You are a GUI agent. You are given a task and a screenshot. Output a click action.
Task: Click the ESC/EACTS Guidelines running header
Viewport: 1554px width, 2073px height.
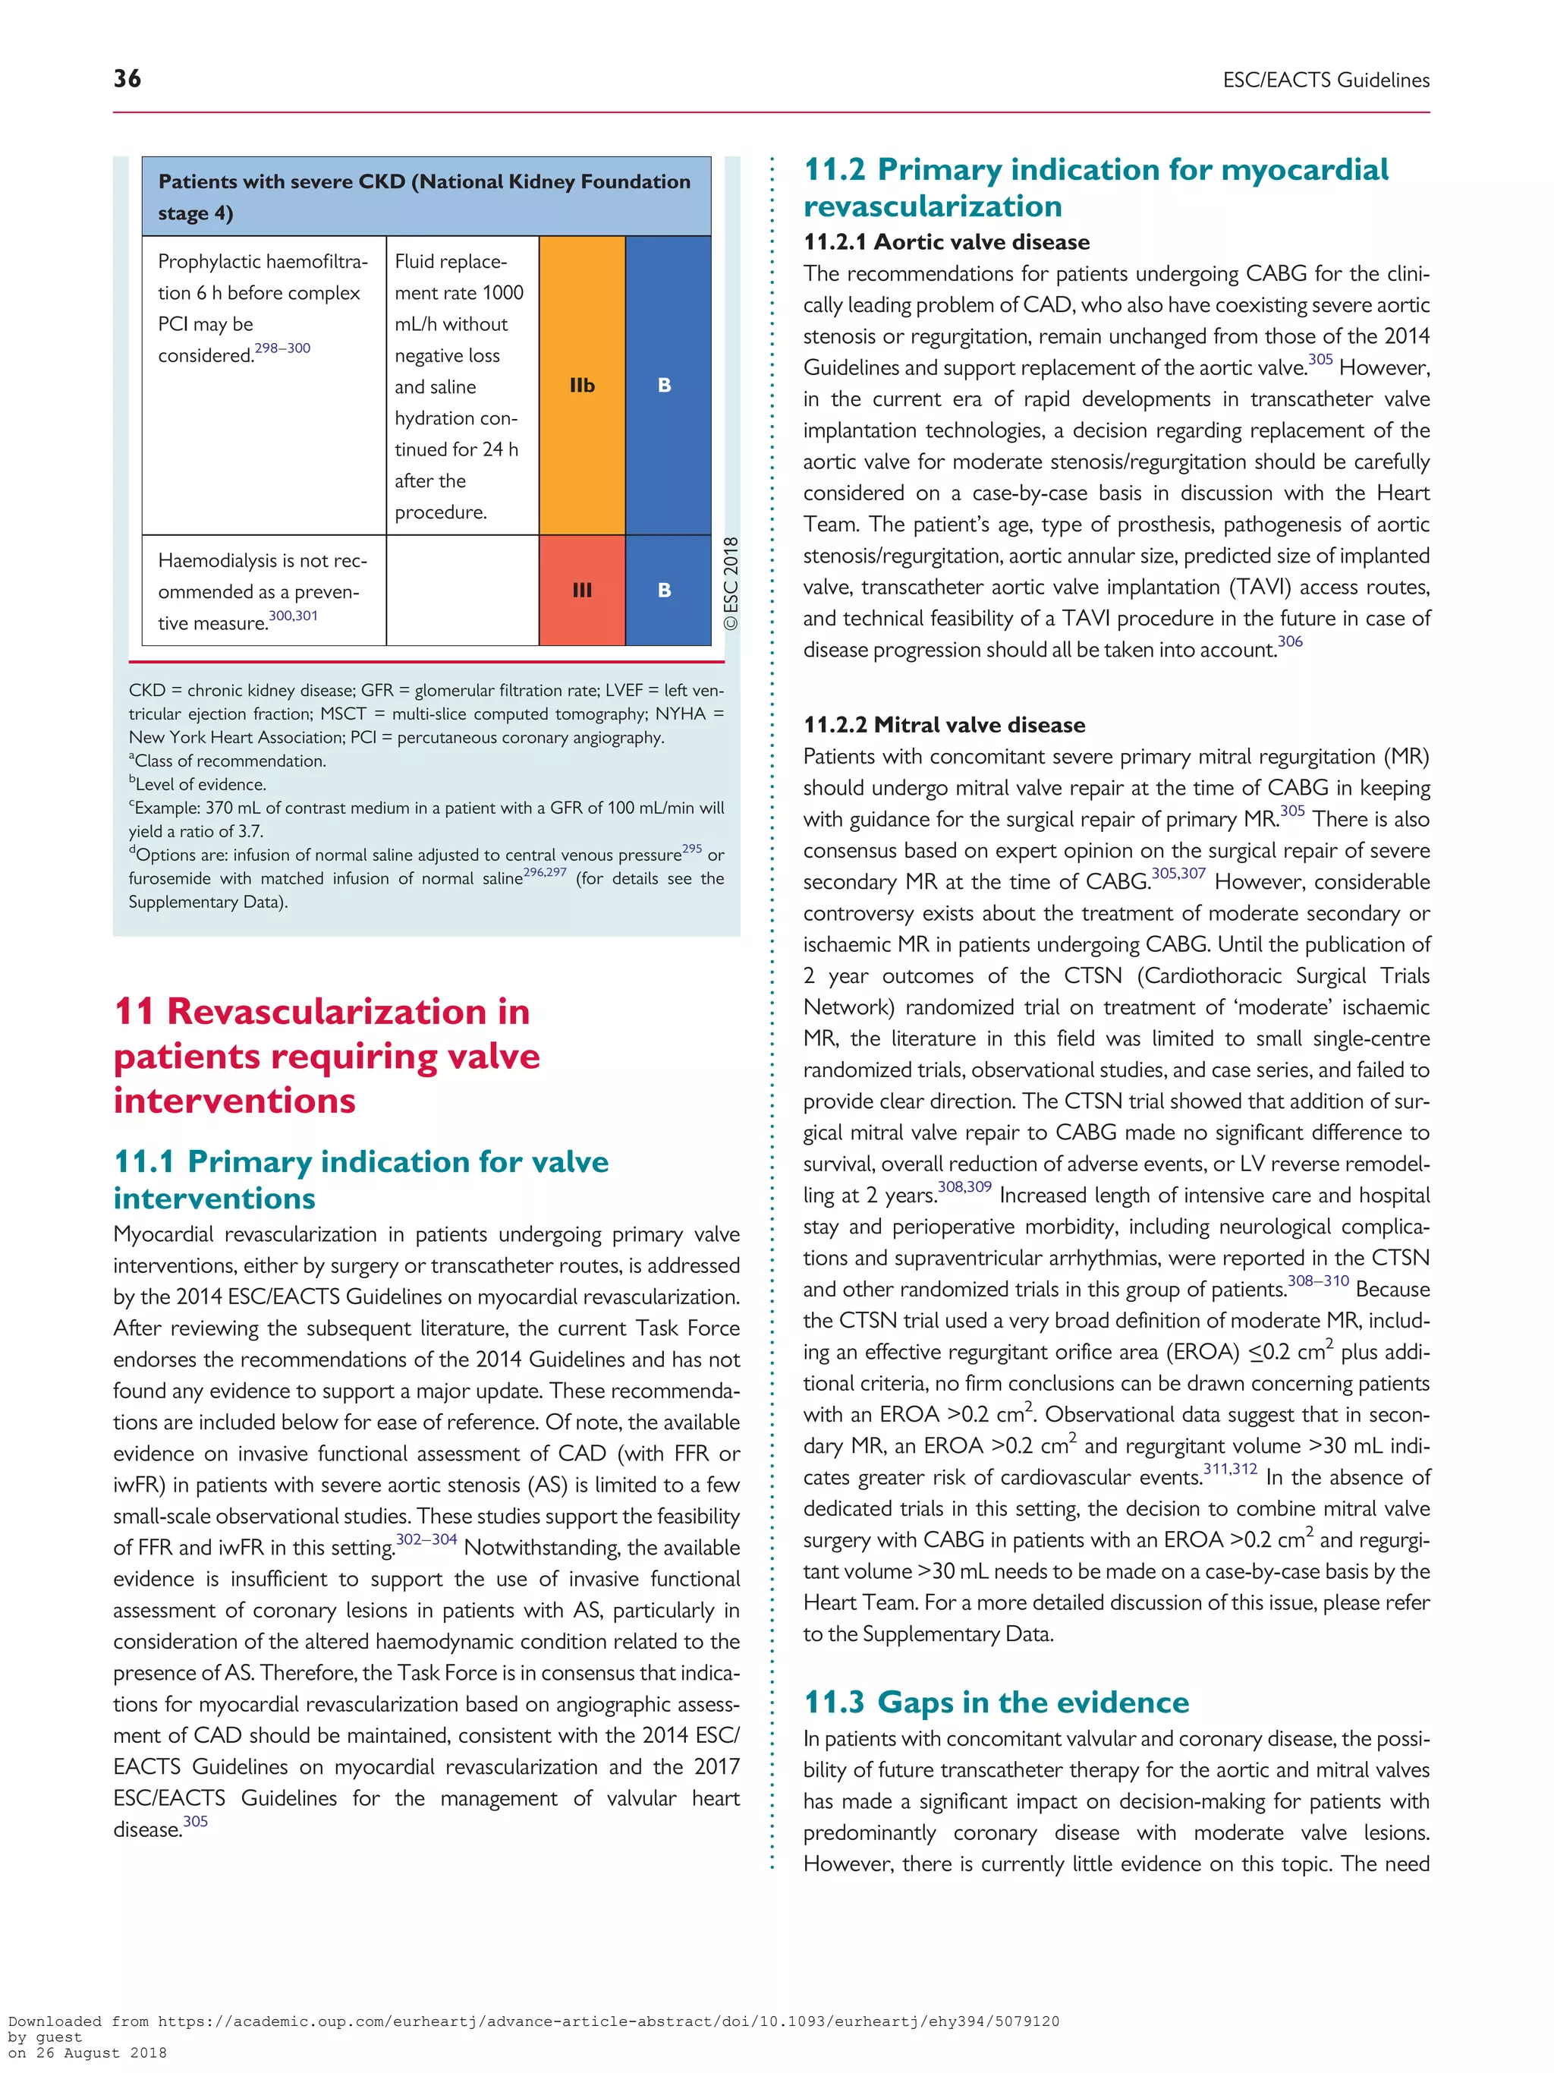tap(1326, 80)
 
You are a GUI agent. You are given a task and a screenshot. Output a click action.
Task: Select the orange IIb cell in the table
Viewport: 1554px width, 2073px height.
tap(582, 385)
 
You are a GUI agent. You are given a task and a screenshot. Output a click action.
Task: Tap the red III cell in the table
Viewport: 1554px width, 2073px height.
tap(582, 591)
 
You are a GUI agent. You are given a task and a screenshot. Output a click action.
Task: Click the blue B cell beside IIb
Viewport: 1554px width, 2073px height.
tap(665, 385)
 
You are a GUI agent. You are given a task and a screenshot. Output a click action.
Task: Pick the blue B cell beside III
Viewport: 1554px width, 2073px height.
tap(665, 591)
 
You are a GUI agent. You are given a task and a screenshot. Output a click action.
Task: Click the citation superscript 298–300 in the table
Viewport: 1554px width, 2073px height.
tap(282, 348)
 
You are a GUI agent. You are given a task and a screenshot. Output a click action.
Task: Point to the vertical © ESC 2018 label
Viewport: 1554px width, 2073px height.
tap(731, 583)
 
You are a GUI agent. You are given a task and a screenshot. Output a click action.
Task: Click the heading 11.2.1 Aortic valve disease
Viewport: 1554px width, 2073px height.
tap(946, 242)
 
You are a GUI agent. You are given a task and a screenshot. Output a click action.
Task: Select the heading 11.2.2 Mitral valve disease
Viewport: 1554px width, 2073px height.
tap(944, 724)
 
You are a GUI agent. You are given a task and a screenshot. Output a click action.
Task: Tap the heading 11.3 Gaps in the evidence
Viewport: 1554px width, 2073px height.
tap(996, 1701)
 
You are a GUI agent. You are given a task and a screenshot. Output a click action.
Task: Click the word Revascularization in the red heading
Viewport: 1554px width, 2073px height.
tap(348, 1011)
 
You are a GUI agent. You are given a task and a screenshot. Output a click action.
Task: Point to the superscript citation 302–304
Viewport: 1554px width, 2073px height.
tap(426, 1539)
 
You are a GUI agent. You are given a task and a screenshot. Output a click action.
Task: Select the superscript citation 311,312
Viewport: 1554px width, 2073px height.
tap(1230, 1470)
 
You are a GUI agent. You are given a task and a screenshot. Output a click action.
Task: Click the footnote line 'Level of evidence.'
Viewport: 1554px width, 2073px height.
tap(200, 784)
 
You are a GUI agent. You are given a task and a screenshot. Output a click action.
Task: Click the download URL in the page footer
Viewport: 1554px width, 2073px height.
tap(608, 2021)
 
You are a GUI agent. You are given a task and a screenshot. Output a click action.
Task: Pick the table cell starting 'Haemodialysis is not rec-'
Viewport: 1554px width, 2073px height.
tap(263, 591)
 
